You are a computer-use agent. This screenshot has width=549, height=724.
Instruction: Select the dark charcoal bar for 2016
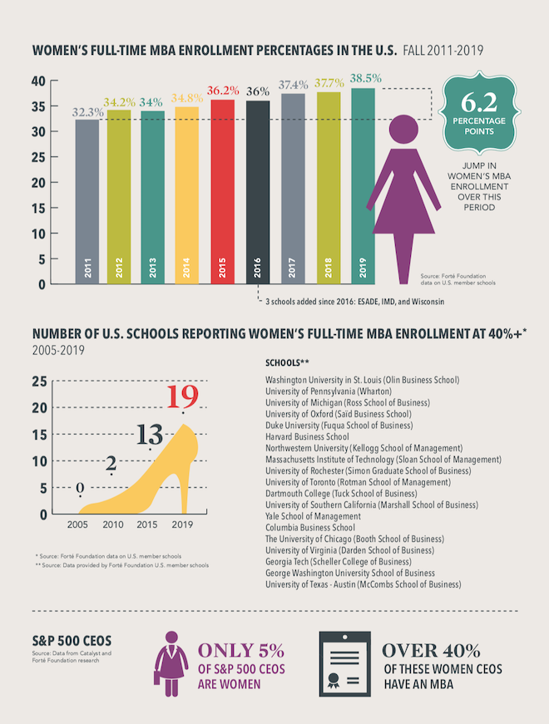pyautogui.click(x=258, y=192)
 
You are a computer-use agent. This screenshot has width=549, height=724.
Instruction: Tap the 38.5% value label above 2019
pyautogui.click(x=365, y=78)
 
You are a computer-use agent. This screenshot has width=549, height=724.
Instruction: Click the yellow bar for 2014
pyautogui.click(x=186, y=195)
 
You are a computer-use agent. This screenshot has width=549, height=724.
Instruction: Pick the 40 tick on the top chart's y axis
pyautogui.click(x=37, y=81)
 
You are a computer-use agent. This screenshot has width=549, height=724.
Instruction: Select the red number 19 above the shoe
pyautogui.click(x=182, y=396)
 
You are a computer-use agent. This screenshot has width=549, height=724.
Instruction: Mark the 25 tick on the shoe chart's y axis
pyautogui.click(x=39, y=382)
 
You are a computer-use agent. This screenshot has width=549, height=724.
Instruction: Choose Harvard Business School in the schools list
pyautogui.click(x=307, y=436)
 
